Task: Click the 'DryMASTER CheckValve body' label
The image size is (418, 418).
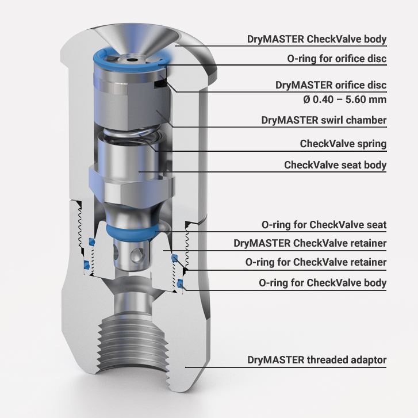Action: (x=317, y=39)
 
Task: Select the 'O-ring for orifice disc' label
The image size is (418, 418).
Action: (x=337, y=59)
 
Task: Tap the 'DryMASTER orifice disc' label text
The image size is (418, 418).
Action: (x=331, y=85)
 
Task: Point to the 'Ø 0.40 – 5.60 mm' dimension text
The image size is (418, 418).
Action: (x=344, y=99)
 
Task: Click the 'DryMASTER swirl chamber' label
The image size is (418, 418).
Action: (x=324, y=120)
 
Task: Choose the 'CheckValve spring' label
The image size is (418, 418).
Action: (x=343, y=144)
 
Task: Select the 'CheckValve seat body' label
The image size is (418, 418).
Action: (x=335, y=165)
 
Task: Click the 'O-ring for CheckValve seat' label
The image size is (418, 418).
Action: (x=324, y=225)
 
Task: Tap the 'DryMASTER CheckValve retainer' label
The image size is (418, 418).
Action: (x=310, y=243)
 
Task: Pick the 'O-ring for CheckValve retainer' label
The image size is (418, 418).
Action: (x=316, y=262)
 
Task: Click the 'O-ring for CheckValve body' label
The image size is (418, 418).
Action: (x=323, y=282)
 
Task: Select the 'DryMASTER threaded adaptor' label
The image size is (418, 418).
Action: (x=317, y=360)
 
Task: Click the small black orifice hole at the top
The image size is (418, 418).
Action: (x=131, y=60)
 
